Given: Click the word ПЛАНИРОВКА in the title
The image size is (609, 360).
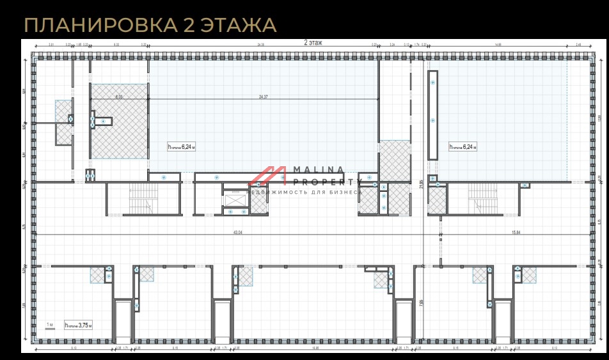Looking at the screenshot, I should tap(100, 25).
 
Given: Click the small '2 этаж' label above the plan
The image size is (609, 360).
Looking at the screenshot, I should tap(313, 42).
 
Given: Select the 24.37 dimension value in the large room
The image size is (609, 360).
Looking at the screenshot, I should tap(263, 97).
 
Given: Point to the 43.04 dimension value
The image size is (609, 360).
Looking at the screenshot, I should tap(237, 231).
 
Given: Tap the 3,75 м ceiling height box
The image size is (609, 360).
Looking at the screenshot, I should tap(78, 325).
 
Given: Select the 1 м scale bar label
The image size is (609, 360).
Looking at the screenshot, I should tap(50, 325).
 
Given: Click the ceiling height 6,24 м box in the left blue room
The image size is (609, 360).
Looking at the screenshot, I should tap(181, 146).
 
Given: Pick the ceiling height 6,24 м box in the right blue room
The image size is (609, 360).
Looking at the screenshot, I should tap(463, 146).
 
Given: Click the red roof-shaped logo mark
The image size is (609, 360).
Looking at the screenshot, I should tap(267, 175).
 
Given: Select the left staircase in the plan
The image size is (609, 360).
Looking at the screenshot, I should tap(142, 198).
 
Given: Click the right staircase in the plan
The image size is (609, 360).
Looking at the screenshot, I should tap(482, 198).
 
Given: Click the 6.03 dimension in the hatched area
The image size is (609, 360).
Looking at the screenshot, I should tap(118, 97).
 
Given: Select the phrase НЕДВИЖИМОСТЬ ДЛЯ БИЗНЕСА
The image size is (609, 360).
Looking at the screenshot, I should tap(304, 192).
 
